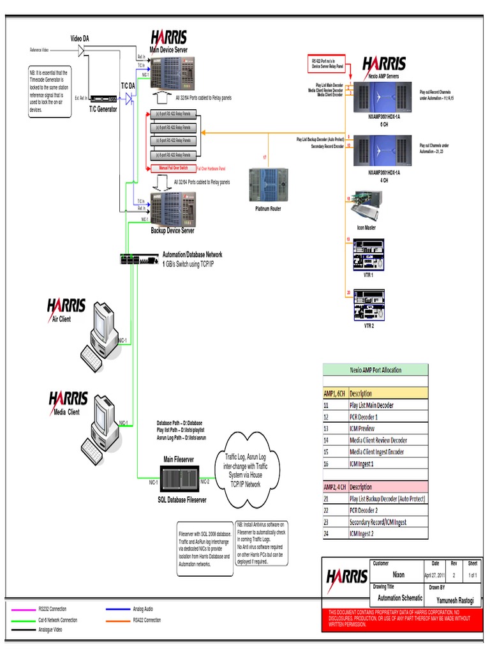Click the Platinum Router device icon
coord(267,183)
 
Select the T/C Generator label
coord(103,109)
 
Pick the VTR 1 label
coord(368,274)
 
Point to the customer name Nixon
coord(397,575)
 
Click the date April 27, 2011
coord(436,575)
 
